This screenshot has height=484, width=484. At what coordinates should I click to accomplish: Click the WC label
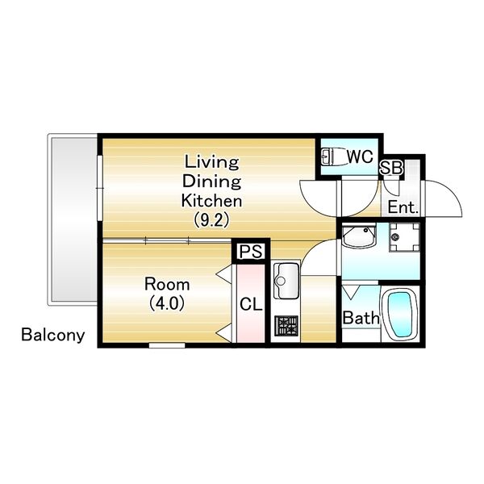[x=360, y=156]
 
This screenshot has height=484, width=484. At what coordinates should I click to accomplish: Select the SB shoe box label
[x=391, y=169]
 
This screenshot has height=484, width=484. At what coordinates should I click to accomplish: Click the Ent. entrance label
[x=403, y=207]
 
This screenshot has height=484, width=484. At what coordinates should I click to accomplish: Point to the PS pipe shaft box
[x=251, y=251]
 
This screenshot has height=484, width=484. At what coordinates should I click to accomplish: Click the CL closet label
[x=251, y=304]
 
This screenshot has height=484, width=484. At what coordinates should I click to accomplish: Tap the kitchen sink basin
[x=286, y=281]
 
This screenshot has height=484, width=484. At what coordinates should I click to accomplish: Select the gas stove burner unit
[x=286, y=326]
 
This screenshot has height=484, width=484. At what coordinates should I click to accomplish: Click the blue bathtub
[x=399, y=315]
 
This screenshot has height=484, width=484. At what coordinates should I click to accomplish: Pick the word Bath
[x=361, y=318]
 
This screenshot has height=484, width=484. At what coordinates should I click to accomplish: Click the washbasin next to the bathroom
[x=359, y=236]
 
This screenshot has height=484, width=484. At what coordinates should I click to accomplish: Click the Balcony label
[x=53, y=336]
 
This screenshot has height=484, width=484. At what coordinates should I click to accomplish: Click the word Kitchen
[x=211, y=201]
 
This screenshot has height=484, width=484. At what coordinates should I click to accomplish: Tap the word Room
[x=167, y=284]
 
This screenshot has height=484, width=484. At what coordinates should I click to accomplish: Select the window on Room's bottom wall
[x=167, y=345]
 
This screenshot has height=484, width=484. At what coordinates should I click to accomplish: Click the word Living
[x=211, y=162]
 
